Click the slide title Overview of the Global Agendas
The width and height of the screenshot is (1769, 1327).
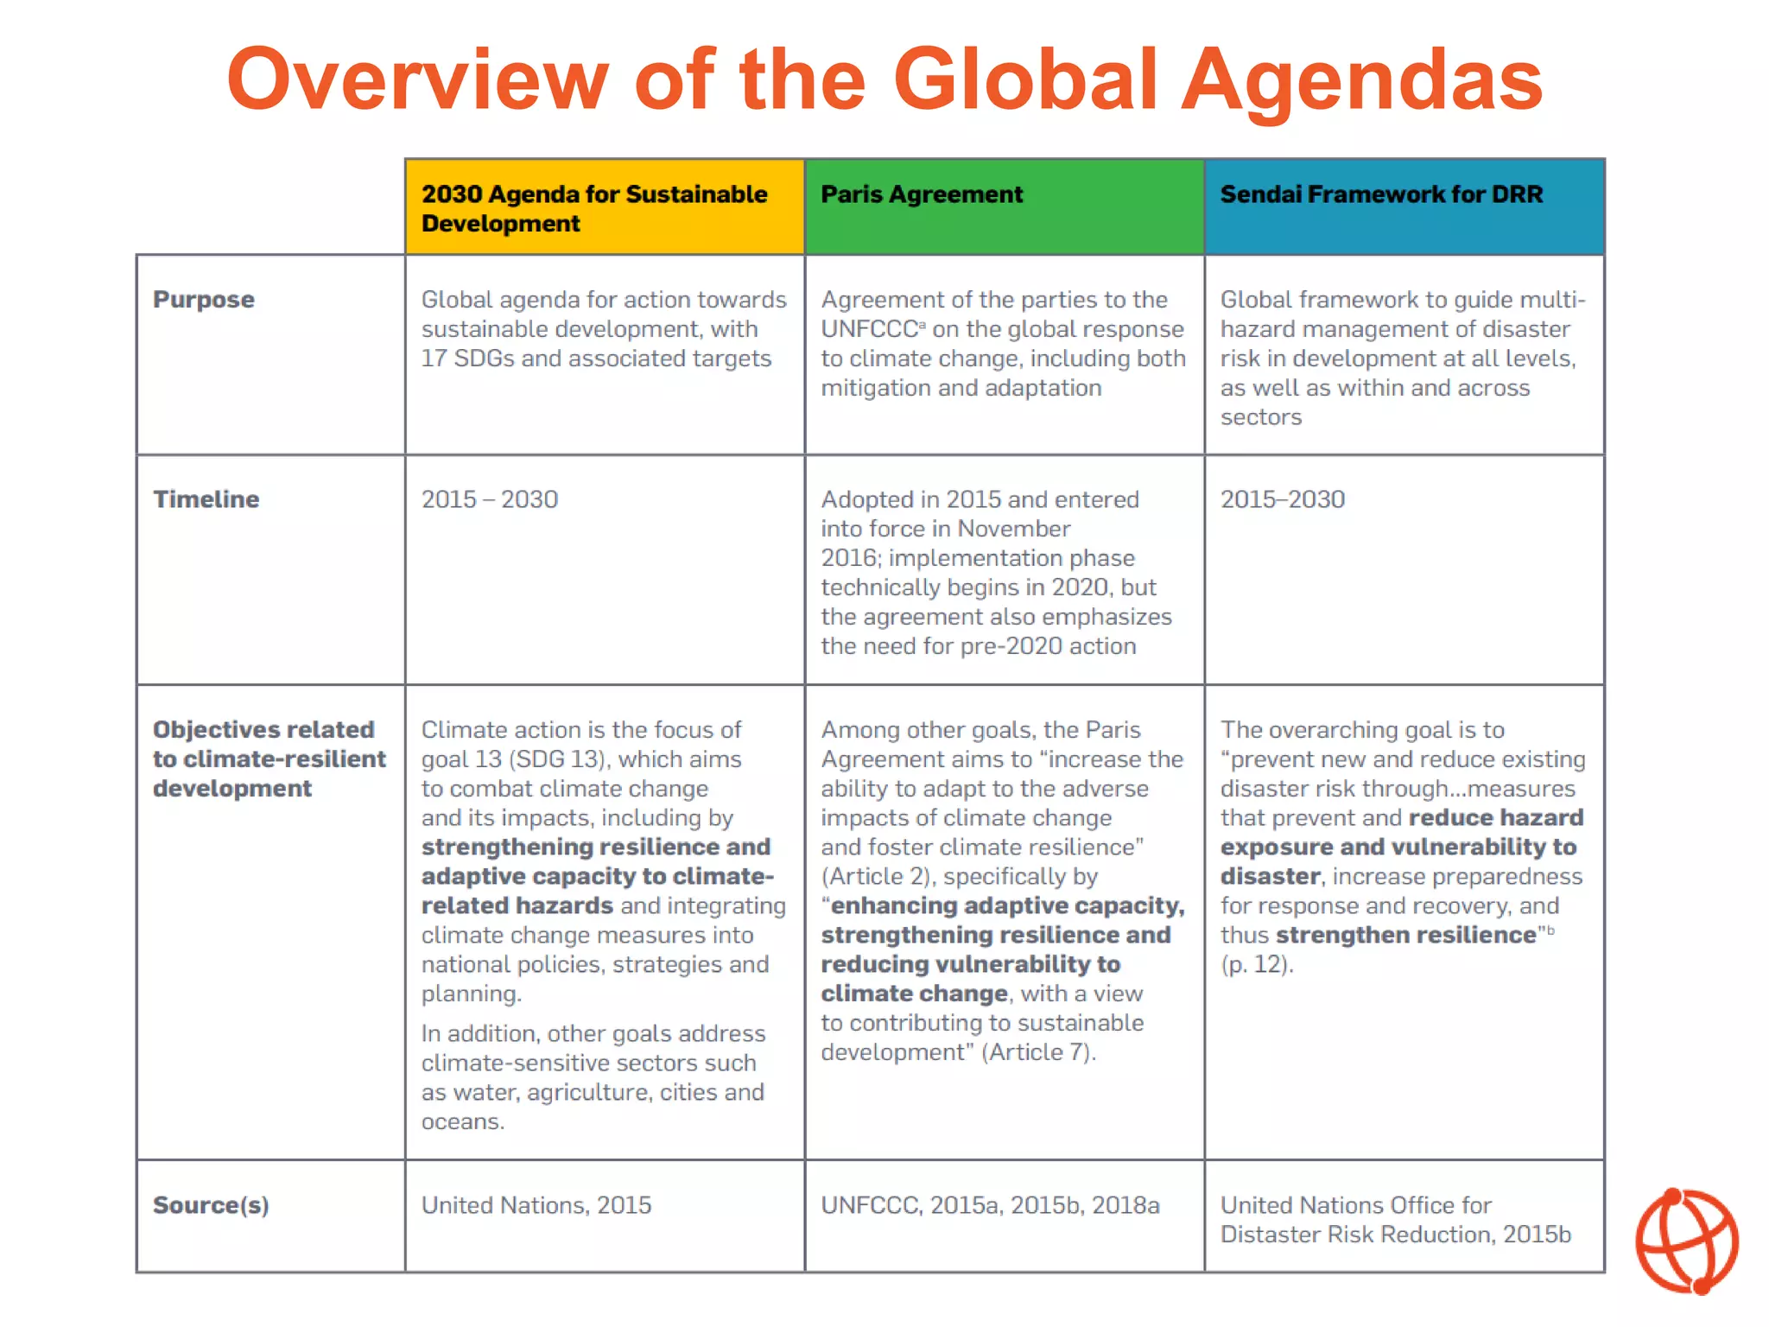[884, 79]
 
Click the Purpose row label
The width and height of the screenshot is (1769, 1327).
[204, 300]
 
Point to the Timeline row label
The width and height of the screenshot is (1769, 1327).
[206, 499]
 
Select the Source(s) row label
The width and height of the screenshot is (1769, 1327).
[211, 1205]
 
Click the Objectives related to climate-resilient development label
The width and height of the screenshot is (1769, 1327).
[269, 759]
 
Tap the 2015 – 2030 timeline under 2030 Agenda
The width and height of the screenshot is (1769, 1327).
[490, 499]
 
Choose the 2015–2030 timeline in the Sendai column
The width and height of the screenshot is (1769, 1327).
[1283, 499]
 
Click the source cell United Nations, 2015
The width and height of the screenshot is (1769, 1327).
[536, 1205]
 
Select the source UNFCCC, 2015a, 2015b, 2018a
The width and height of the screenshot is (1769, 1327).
[990, 1205]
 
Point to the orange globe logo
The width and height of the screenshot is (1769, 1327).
[1687, 1241]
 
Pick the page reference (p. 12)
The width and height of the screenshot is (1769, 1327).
[1257, 964]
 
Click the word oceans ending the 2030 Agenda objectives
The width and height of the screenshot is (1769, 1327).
[461, 1122]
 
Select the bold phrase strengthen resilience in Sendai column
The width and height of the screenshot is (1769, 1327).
[1405, 936]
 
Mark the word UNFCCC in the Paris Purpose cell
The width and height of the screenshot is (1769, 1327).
[869, 329]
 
